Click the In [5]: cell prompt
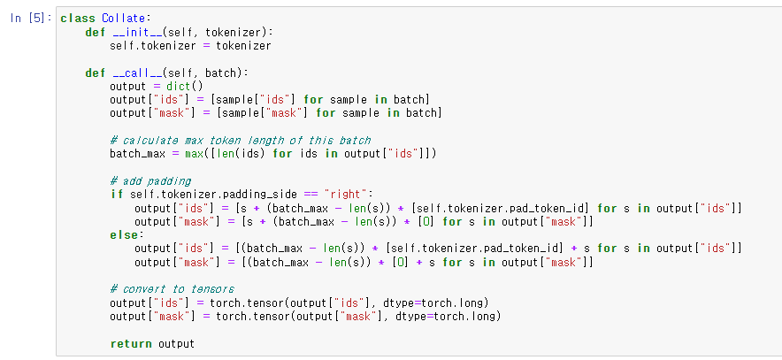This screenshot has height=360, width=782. point(30,18)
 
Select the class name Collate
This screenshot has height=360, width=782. point(119,18)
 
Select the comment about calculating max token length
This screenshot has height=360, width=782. point(241,140)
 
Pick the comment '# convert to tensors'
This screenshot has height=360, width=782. point(172,288)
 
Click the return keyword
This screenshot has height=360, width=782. point(131,343)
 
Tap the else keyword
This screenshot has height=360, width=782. point(125,234)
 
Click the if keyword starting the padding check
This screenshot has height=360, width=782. point(116,194)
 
